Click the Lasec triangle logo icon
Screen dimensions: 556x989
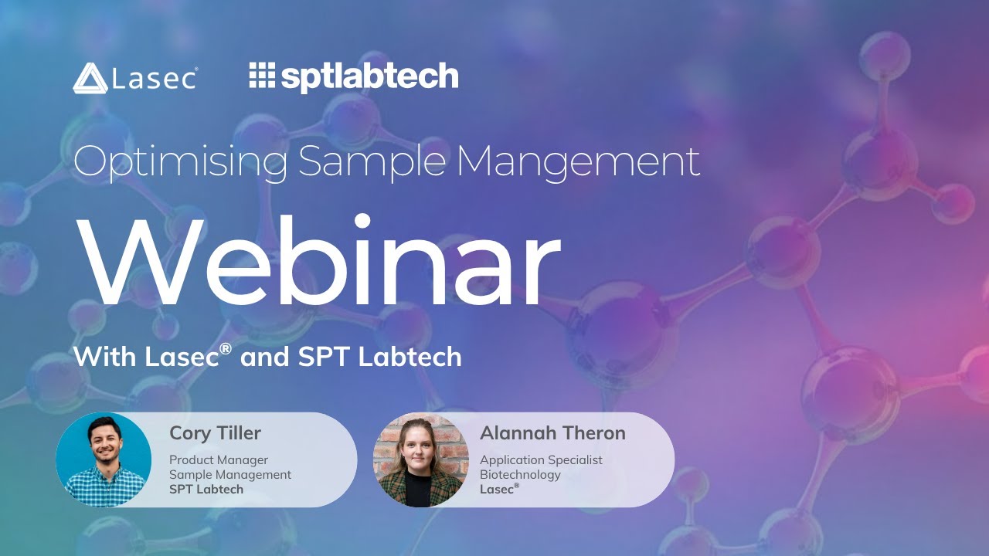click(90, 78)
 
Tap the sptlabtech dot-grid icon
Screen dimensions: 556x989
click(262, 75)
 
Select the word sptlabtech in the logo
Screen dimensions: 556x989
click(369, 77)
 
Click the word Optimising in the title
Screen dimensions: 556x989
click(181, 161)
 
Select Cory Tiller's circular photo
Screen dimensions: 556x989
click(104, 459)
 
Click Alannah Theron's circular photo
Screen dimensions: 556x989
click(420, 459)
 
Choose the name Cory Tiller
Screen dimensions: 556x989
click(215, 433)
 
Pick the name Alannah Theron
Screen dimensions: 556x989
click(552, 433)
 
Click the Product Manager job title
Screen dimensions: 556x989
click(219, 460)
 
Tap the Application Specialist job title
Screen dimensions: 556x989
click(541, 460)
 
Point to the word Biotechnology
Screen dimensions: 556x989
click(520, 475)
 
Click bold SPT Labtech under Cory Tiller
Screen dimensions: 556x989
click(206, 490)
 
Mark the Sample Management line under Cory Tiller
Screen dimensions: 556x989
click(230, 475)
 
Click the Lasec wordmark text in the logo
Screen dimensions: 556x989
click(155, 79)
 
